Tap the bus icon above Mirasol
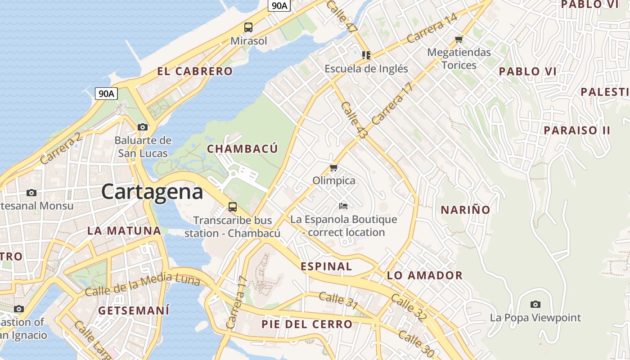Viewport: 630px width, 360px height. (x=248, y=27)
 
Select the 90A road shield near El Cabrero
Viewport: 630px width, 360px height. (x=107, y=94)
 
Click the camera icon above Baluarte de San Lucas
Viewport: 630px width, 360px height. (x=143, y=127)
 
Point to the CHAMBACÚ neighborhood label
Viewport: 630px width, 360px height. (x=242, y=149)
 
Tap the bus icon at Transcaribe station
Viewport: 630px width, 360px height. (x=232, y=207)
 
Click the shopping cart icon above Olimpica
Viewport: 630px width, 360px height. (x=333, y=168)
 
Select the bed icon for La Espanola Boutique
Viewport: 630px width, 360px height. (x=343, y=206)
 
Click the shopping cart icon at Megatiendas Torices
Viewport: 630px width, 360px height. (x=459, y=39)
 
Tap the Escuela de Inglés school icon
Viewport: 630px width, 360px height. (x=366, y=55)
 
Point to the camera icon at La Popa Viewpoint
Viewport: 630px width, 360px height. (x=535, y=304)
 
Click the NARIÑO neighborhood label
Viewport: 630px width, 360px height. (x=465, y=210)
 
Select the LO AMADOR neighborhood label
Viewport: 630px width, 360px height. (x=424, y=275)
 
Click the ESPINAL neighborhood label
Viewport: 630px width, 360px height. (x=326, y=266)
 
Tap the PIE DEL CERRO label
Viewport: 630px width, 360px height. (x=307, y=324)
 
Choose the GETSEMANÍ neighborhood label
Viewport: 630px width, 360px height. (x=134, y=310)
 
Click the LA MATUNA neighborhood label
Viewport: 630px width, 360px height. (x=124, y=231)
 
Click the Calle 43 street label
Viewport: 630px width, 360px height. (x=354, y=120)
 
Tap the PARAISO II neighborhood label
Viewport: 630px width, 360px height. (x=577, y=130)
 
